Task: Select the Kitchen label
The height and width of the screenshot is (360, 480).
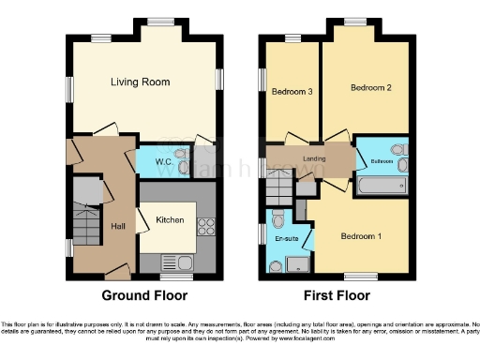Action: pos(169,220)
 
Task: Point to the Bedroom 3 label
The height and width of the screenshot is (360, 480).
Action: pos(292,92)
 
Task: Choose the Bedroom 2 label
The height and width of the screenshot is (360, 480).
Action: pos(370,87)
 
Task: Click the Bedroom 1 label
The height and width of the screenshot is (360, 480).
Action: pos(361,235)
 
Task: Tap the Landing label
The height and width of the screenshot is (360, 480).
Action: pos(314,158)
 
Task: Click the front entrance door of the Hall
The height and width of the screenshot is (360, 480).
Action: pos(117,272)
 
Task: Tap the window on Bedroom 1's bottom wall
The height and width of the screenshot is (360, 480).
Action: pos(356,277)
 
